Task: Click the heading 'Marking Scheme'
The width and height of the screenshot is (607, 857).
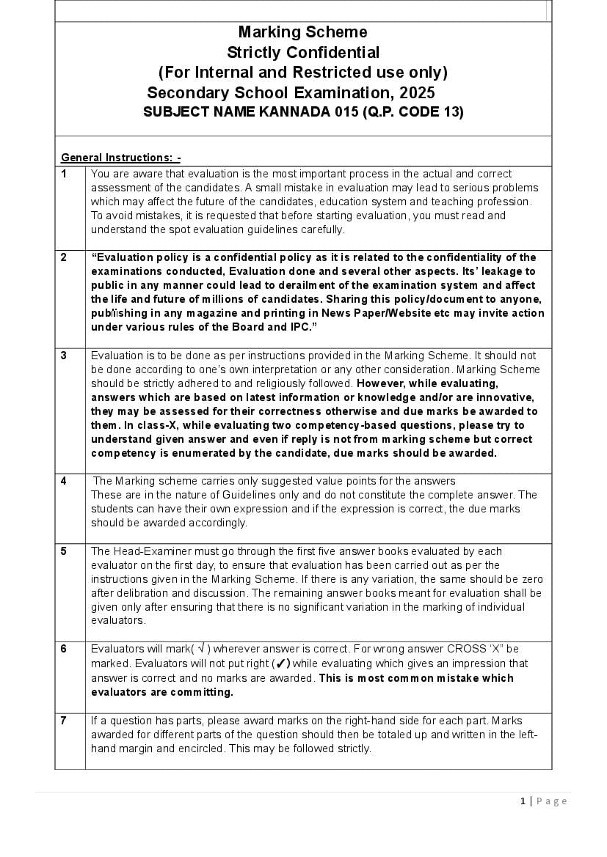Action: [x=302, y=32]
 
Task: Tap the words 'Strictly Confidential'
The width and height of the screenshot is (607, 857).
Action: [x=302, y=52]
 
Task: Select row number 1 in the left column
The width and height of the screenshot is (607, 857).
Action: [x=64, y=174]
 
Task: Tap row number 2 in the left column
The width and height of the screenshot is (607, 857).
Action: [x=64, y=257]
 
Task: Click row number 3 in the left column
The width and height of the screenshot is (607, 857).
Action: [x=64, y=356]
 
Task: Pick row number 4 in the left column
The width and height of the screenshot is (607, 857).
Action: [x=64, y=481]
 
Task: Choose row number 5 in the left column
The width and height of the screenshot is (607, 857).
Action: [x=64, y=551]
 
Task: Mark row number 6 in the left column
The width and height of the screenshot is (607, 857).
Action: [x=64, y=649]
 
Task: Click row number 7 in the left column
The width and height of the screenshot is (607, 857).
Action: [x=64, y=721]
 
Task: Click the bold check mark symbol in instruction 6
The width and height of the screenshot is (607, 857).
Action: [x=281, y=663]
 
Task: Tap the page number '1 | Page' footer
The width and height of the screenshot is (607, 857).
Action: [x=544, y=801]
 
